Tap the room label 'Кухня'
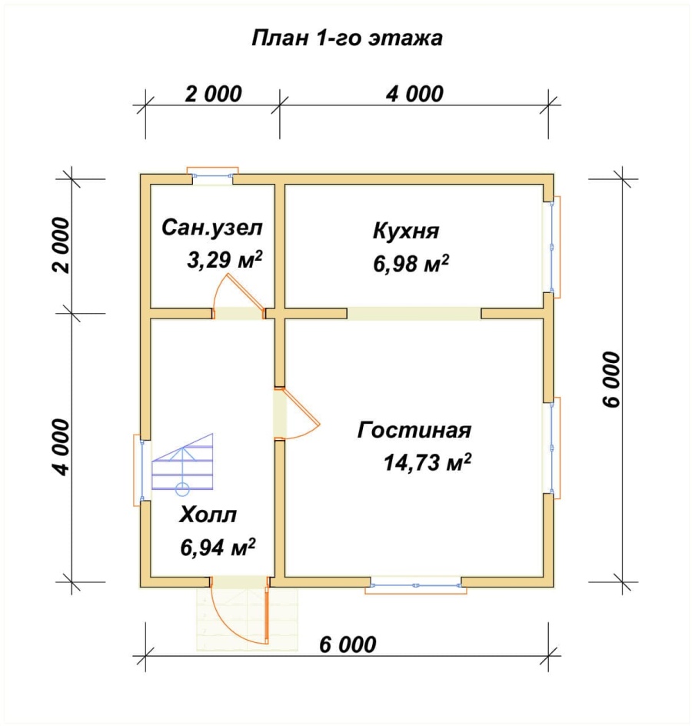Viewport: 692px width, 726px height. [405, 231]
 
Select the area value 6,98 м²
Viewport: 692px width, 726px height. [411, 264]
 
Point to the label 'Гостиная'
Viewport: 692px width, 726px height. [414, 430]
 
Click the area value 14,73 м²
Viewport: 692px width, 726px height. [428, 462]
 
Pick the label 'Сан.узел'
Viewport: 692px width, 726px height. [212, 228]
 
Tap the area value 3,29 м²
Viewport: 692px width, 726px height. [225, 260]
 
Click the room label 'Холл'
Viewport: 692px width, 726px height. [208, 515]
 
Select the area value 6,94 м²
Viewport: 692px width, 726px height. [218, 548]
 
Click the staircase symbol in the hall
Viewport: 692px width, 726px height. [182, 462]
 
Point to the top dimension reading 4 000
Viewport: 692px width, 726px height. [414, 94]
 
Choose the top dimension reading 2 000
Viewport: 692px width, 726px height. [214, 94]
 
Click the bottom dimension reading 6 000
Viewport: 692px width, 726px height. [348, 644]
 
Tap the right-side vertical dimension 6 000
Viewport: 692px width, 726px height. [611, 380]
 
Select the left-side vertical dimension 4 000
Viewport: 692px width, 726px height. [62, 448]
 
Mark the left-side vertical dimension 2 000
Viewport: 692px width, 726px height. [62, 245]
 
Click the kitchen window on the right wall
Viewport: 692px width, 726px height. [552, 247]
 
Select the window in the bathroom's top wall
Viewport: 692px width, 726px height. [212, 175]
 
